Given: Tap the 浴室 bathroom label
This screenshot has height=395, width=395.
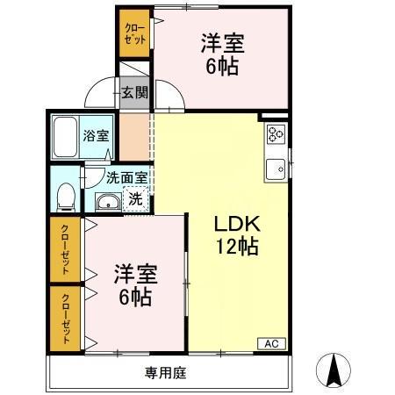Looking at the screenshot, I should [x=96, y=135].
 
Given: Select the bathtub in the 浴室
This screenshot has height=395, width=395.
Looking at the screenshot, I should [x=65, y=135].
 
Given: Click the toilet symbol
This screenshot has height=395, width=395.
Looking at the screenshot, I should [x=65, y=196].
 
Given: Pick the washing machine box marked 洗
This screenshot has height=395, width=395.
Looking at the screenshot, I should [x=135, y=198].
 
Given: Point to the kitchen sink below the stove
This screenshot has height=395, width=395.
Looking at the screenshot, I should [x=276, y=164].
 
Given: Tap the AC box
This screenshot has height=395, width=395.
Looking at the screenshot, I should [x=270, y=343].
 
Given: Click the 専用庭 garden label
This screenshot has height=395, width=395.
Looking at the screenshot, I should [x=166, y=372].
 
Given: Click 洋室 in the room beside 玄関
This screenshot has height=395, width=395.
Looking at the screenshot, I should [x=221, y=42].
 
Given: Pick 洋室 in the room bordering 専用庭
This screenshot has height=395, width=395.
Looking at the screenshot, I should [x=134, y=273].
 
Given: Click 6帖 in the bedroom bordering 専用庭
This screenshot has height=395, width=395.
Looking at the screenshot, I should [x=134, y=298].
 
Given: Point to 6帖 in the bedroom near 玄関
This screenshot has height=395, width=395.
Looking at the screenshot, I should [x=221, y=66].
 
